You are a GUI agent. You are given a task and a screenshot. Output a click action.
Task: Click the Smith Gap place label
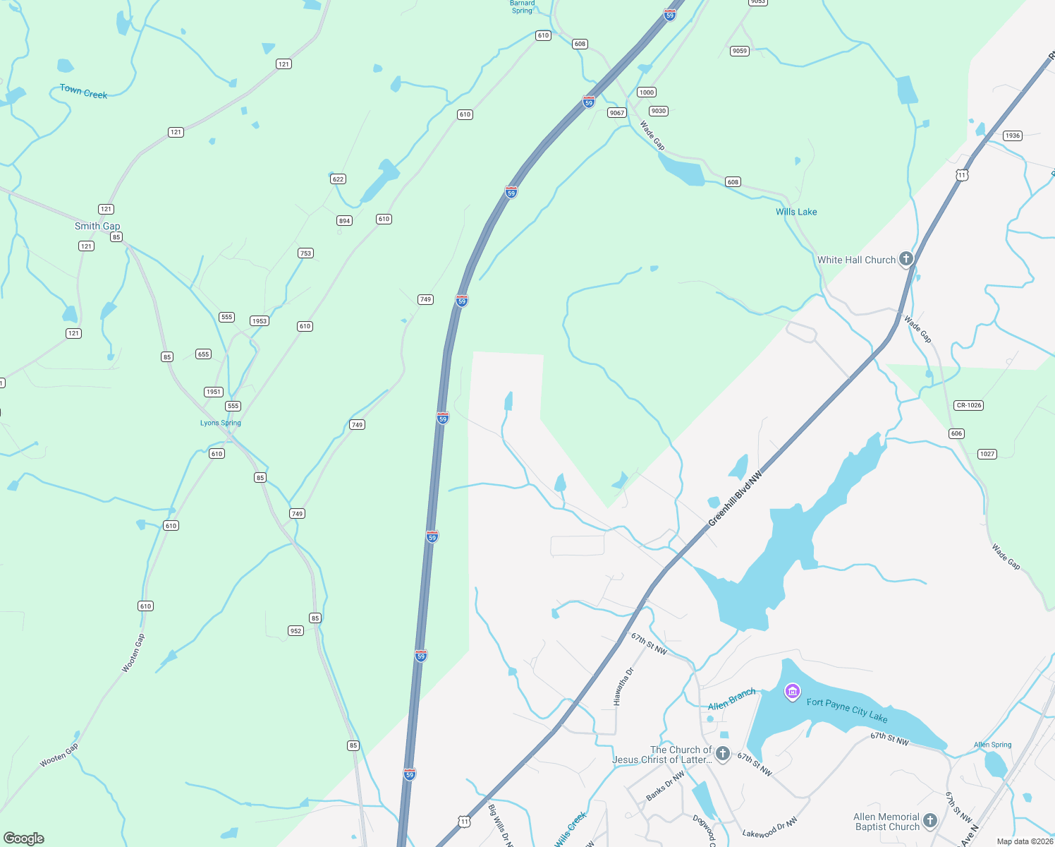click(97, 226)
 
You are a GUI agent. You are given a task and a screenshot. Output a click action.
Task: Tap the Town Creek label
click(83, 92)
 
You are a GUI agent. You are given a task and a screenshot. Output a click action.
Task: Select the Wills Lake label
click(796, 212)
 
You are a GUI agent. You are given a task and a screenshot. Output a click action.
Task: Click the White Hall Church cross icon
click(906, 259)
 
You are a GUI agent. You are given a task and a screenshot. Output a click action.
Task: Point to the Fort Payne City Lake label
click(847, 709)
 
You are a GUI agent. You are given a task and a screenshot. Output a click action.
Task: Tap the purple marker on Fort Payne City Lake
click(792, 692)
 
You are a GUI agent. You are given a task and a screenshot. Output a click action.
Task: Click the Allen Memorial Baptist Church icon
click(930, 820)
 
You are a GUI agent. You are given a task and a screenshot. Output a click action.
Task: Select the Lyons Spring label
click(220, 423)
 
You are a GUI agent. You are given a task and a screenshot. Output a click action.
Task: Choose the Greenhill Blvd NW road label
click(736, 499)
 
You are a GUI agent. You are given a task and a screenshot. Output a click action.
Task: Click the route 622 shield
click(338, 179)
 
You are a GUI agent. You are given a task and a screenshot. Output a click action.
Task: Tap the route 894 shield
click(344, 221)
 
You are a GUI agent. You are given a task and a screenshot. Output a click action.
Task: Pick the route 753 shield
click(305, 253)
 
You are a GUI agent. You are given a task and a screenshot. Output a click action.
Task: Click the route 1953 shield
click(260, 321)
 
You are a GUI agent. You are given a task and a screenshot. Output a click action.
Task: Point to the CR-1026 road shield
click(969, 405)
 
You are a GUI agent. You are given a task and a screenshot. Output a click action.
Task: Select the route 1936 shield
click(1013, 136)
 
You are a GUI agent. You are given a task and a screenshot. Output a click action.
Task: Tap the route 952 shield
click(295, 631)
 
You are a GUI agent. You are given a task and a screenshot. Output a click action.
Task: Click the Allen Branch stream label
click(731, 699)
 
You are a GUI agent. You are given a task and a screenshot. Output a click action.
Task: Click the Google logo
click(24, 838)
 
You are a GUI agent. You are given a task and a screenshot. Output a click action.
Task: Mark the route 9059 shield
click(739, 51)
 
